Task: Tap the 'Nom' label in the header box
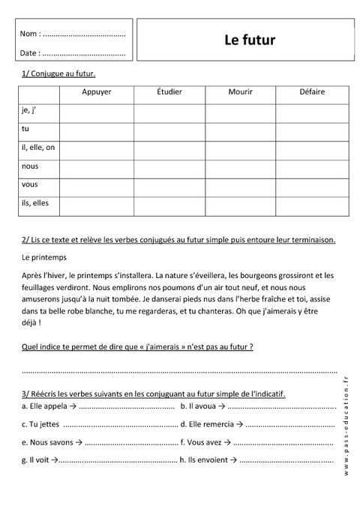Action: [28, 34]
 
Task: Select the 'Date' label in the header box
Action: [29, 53]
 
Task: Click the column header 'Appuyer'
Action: [97, 92]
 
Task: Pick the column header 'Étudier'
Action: [169, 92]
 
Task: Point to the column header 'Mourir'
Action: [240, 92]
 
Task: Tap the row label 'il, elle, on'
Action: [38, 148]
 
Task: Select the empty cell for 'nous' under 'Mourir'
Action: [240, 166]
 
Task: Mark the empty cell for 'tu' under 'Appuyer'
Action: [97, 129]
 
